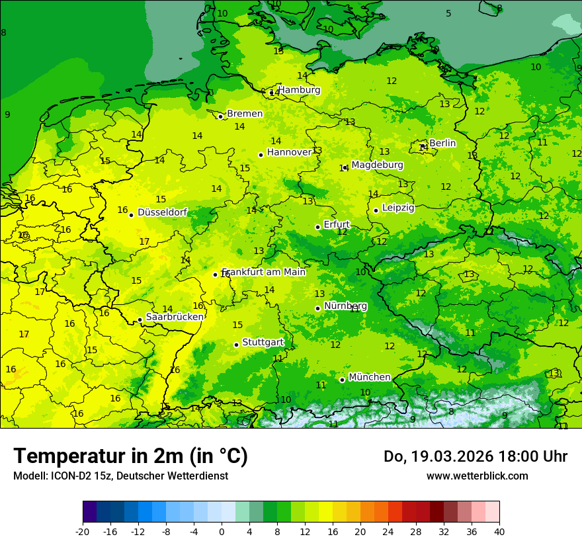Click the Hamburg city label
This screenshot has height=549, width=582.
click(299, 90)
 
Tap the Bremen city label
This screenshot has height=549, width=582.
click(245, 114)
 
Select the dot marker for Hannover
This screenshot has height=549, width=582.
click(261, 155)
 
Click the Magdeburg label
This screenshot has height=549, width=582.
click(377, 165)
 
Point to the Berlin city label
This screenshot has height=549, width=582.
click(442, 144)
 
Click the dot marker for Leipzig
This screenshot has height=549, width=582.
click(376, 210)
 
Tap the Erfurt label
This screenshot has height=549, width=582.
click(337, 225)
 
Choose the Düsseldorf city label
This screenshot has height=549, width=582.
click(162, 213)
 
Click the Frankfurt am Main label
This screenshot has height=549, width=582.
click(264, 273)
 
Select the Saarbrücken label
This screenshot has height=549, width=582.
click(175, 317)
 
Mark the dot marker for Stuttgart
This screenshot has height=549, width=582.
click(236, 345)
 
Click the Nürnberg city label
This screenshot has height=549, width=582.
click(345, 306)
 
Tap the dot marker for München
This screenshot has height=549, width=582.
click(342, 380)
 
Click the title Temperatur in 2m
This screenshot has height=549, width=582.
click(130, 456)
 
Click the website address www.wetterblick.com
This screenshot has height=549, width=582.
click(477, 476)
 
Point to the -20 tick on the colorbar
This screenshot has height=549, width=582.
click(83, 531)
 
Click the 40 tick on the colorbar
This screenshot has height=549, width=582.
click(499, 531)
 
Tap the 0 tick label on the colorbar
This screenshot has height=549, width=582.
click(222, 531)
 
